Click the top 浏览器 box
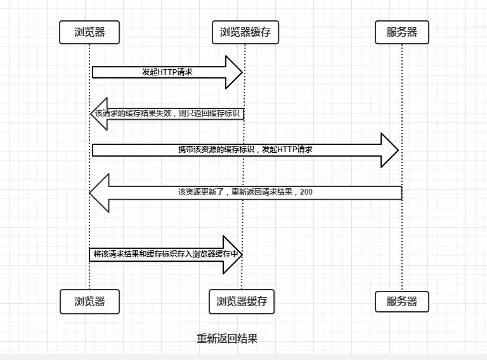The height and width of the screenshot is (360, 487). pyautogui.click(x=89, y=32)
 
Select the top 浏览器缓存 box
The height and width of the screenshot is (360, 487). pyautogui.click(x=245, y=32)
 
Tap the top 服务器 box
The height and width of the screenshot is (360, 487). pyautogui.click(x=402, y=32)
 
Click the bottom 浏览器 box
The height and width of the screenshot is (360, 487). pyautogui.click(x=89, y=302)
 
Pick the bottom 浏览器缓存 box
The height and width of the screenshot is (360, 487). pyautogui.click(x=242, y=302)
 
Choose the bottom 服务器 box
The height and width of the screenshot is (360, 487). pyautogui.click(x=402, y=302)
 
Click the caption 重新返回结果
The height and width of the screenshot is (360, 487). pyautogui.click(x=227, y=338)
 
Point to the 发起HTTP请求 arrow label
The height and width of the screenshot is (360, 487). pyautogui.click(x=167, y=72)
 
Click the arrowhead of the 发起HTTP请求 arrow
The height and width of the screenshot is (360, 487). pyautogui.click(x=234, y=72)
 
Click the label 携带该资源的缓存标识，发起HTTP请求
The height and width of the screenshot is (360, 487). pyautogui.click(x=245, y=150)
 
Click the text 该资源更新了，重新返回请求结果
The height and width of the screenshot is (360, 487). pyautogui.click(x=237, y=191)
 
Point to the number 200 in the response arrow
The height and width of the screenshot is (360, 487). pyautogui.click(x=306, y=191)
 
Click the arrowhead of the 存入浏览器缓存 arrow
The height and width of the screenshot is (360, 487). pyautogui.click(x=234, y=254)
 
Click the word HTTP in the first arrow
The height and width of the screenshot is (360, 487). pyautogui.click(x=166, y=72)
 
